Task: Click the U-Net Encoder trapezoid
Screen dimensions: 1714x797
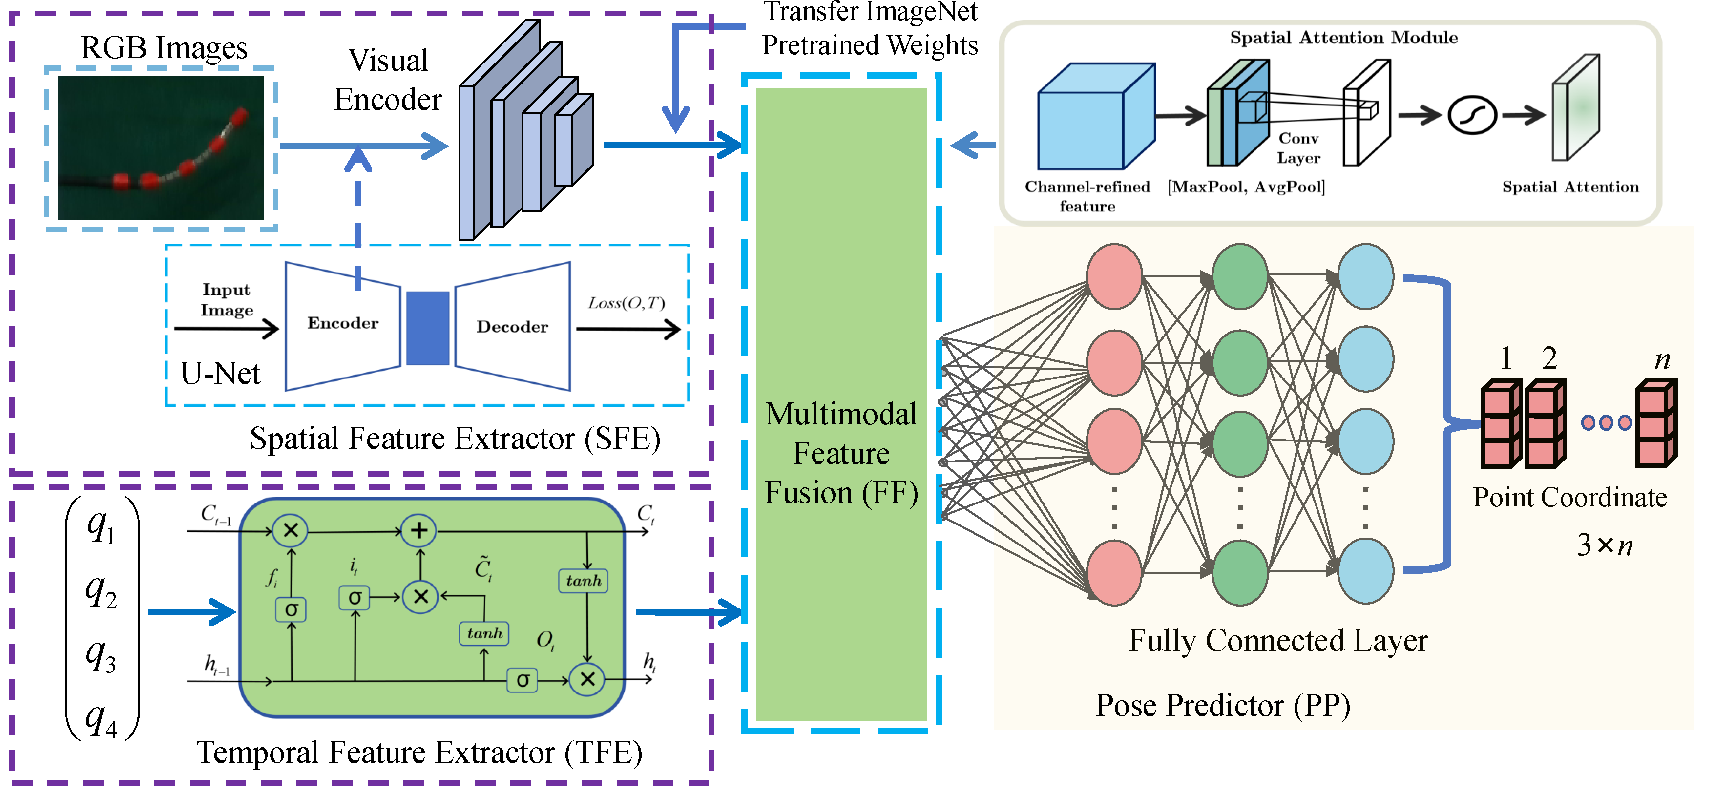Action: point(343,326)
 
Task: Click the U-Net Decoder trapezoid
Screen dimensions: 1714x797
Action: point(512,326)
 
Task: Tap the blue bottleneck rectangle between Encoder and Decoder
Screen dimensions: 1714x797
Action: point(428,328)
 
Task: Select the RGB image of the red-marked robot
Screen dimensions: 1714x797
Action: point(161,147)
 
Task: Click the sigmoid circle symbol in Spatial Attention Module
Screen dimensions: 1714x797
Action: point(1472,116)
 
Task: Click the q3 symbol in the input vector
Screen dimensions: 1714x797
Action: point(101,655)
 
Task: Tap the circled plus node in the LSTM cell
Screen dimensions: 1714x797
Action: point(418,530)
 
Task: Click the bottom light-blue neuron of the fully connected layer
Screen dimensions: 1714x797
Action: point(1366,571)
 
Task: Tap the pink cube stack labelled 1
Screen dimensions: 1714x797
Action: point(1502,423)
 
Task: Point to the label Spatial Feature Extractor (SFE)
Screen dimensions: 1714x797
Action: point(455,439)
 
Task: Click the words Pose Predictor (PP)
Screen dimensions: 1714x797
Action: point(1223,706)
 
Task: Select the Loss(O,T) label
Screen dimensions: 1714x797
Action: point(626,303)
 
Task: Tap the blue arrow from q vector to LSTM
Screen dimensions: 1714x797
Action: point(191,612)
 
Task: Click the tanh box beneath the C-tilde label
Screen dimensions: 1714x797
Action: point(484,633)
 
